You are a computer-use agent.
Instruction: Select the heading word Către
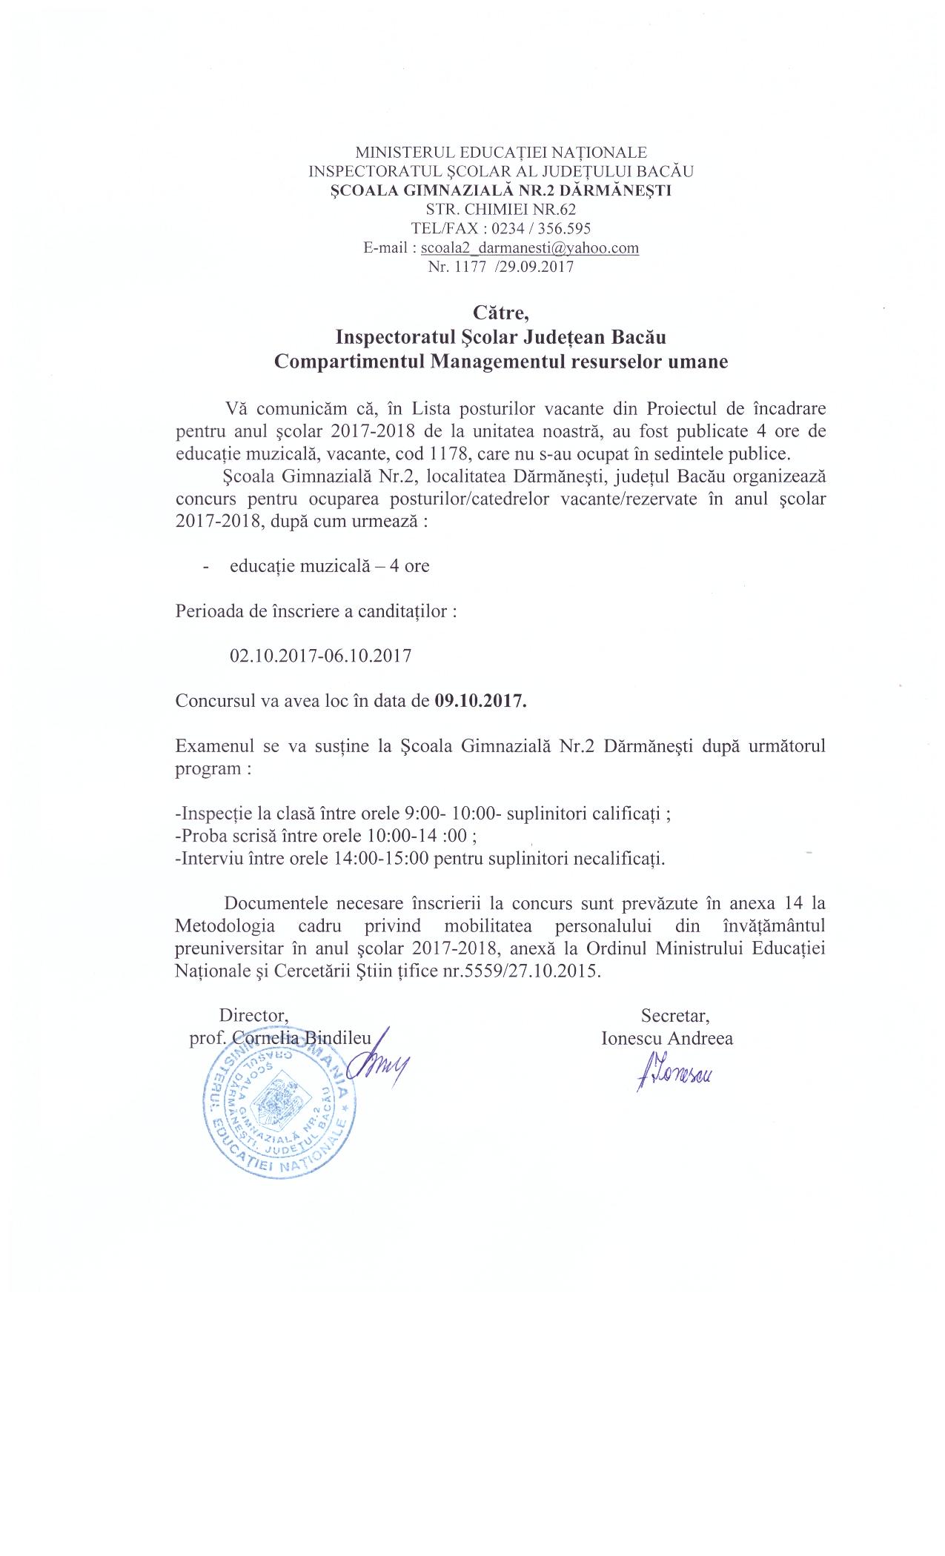click(x=501, y=312)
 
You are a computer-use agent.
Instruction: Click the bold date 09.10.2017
click(x=480, y=700)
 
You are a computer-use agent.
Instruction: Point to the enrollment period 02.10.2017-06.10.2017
click(x=321, y=656)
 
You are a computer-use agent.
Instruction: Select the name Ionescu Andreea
click(x=667, y=1038)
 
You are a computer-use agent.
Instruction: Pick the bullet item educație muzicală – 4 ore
click(x=329, y=566)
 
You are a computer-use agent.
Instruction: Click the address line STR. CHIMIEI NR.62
click(x=502, y=210)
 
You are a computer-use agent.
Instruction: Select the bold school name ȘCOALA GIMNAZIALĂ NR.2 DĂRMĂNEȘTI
click(x=501, y=190)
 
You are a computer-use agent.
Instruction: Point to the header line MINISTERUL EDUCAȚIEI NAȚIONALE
click(x=501, y=153)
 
